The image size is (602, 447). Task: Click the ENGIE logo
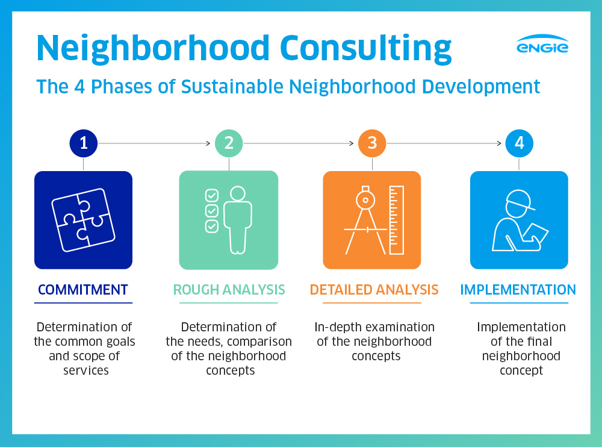coord(542,44)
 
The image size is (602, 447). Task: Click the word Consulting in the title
coord(366,49)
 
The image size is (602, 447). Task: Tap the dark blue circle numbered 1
coord(84,143)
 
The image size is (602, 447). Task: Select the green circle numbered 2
coord(229,143)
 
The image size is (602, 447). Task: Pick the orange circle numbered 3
coord(372,143)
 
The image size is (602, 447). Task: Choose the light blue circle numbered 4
coord(519,143)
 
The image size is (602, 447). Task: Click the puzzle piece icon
coord(83,220)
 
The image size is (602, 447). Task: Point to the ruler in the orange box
coord(397,220)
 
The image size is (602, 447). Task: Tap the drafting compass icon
coord(365,220)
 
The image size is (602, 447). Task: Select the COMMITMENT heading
coord(83,290)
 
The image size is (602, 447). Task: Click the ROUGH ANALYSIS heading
coord(229,290)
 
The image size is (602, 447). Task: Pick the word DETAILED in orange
coord(340,290)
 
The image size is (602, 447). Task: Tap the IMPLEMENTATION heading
coord(518,290)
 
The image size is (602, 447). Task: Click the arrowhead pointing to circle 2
coord(208,143)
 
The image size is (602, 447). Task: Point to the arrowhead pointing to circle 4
coord(499,143)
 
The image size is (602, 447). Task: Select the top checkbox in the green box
coord(212,195)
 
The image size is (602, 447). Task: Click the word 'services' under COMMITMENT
coord(86,370)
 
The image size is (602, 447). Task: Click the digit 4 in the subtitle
coord(79,87)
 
